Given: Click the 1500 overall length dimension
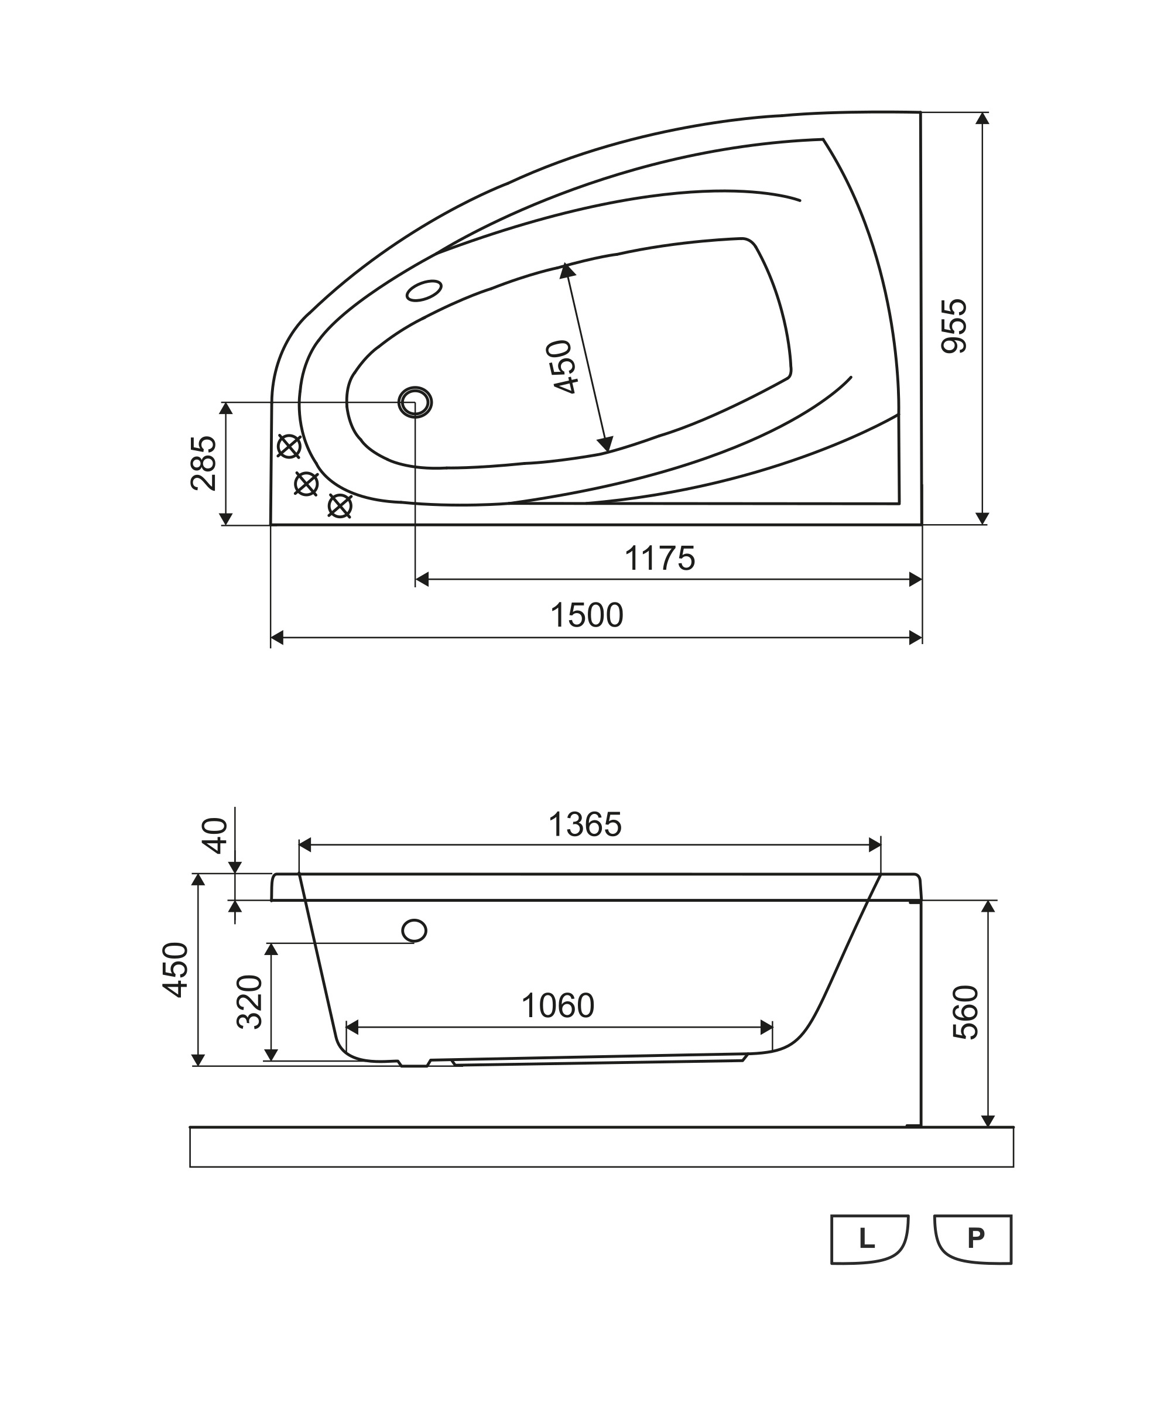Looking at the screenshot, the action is pos(587,615).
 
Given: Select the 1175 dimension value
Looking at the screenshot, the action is pos(660,559).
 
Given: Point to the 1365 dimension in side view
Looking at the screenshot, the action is pos(585,824).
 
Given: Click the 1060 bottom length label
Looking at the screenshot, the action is pos(558,1006).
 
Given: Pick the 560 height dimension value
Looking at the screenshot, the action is pos(965,1012).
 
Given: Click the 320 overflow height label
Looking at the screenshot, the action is pos(249,1001).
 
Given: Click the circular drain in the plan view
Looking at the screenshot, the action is pos(415,402).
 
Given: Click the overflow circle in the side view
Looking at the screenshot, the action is pos(414,930).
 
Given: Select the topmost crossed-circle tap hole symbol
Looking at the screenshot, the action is pos(289,446).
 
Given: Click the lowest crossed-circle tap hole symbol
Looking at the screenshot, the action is pos(340,505).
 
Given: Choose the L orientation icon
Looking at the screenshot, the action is pos(869,1239).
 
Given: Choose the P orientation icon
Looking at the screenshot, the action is pos(973,1239).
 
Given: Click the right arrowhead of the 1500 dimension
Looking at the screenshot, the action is pos(915,638).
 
